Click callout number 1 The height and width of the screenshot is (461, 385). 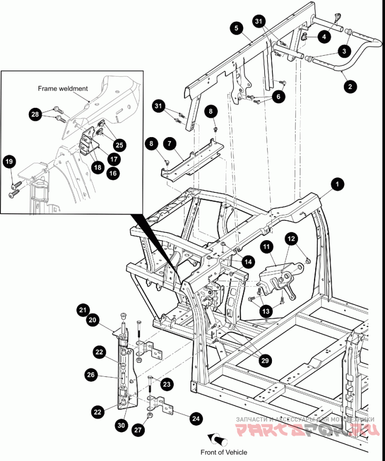338,184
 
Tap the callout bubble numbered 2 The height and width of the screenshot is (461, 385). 350,87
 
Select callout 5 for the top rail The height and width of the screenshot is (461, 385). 236,27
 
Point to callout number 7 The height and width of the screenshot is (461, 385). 169,143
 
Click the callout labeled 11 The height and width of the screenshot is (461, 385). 268,247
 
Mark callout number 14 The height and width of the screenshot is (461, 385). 247,262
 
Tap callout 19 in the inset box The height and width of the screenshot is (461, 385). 9,162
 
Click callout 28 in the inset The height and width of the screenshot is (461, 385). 35,114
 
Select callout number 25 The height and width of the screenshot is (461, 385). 118,144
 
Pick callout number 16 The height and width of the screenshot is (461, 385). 113,174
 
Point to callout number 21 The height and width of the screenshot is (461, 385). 83,310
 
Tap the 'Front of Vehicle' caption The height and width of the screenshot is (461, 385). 224,452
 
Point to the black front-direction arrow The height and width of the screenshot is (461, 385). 216,440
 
